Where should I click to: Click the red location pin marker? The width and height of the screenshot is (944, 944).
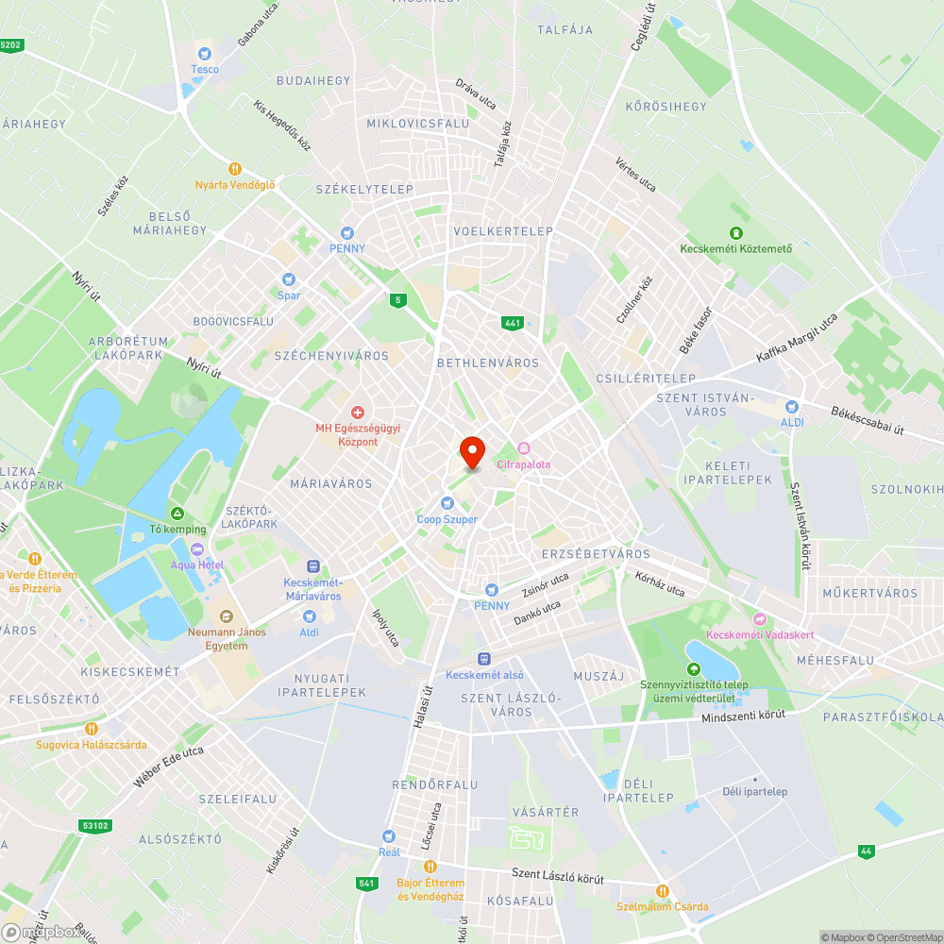[x=471, y=451]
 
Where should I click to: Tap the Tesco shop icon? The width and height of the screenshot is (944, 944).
[x=205, y=54]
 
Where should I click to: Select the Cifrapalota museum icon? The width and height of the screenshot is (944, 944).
[x=524, y=448]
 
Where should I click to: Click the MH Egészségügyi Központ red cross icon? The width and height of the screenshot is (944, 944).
[x=358, y=413]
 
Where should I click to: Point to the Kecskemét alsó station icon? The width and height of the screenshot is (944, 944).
[x=483, y=658]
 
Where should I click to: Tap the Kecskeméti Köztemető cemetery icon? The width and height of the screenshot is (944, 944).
[x=735, y=233]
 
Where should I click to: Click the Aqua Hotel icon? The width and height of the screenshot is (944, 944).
[x=196, y=549]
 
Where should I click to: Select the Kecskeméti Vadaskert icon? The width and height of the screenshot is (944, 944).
[x=760, y=619]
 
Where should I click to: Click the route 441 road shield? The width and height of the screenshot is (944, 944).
[x=513, y=323]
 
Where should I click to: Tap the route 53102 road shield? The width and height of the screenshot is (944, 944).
[x=95, y=826]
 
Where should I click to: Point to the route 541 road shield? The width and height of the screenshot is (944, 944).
[x=368, y=884]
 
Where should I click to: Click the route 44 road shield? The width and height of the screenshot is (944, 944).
[x=866, y=851]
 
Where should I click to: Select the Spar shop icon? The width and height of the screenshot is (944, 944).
[x=289, y=279]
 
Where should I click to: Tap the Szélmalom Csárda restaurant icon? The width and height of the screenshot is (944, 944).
[x=662, y=890]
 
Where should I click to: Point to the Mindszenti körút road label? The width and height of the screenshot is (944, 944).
[x=743, y=716]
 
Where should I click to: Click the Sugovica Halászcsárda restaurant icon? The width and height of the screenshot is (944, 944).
[x=92, y=728]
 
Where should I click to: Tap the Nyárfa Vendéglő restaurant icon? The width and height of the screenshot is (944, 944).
[x=235, y=169]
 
